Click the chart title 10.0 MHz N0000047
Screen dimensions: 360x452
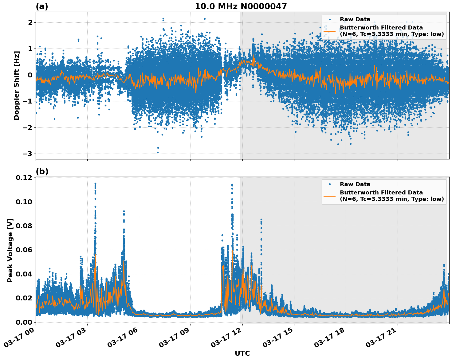241,6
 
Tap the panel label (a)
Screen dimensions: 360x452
42,6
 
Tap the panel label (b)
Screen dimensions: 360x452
42,171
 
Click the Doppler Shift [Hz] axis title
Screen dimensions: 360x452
17,85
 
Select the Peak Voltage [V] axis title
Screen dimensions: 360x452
10,250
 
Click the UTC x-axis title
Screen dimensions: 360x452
242,353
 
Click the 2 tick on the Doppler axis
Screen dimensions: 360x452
30,22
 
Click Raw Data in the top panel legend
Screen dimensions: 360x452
355,19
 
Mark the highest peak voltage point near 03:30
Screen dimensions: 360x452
95,184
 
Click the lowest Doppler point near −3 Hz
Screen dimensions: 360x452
158,152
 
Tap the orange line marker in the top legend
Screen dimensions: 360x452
330,31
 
